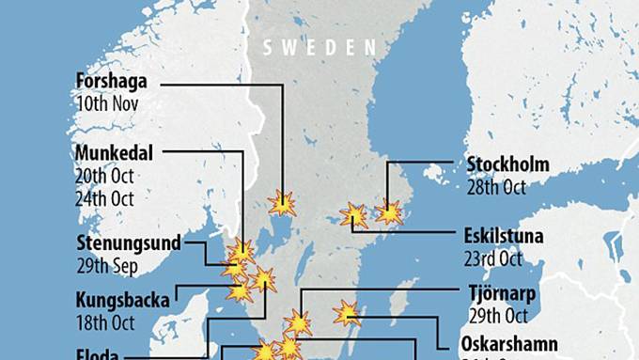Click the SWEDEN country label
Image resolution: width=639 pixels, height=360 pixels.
click(x=319, y=47)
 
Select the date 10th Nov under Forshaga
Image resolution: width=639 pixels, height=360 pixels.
click(x=107, y=103)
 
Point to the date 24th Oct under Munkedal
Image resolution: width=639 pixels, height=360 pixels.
click(x=105, y=198)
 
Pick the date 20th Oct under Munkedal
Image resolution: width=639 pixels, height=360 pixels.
click(x=105, y=176)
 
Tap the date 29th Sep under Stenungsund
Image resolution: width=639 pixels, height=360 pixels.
click(x=106, y=266)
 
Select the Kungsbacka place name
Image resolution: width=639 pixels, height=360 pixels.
click(x=123, y=302)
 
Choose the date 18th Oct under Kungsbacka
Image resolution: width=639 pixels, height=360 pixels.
click(x=105, y=323)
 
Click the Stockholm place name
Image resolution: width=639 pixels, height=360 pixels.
click(x=507, y=165)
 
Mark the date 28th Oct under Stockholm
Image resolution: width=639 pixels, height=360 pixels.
click(x=495, y=187)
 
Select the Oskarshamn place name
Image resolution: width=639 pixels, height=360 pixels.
click(x=510, y=343)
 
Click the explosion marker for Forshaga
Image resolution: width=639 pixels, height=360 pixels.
click(x=281, y=203)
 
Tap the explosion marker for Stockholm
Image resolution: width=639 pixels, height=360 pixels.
click(x=389, y=213)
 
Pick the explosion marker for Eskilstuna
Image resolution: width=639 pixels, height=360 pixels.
click(x=354, y=215)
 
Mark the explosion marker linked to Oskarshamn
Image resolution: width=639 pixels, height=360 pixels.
click(x=347, y=313)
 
